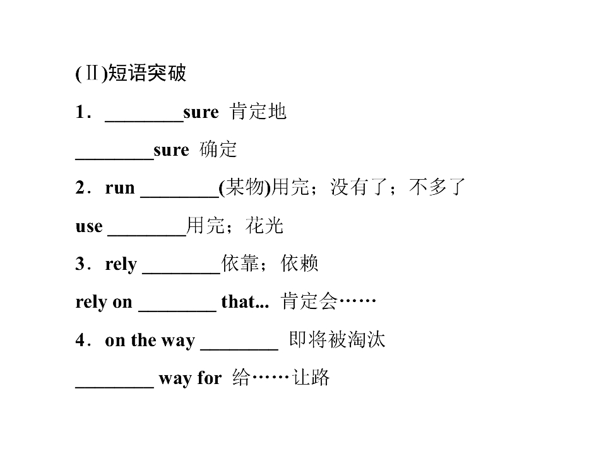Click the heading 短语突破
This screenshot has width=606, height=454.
pyautogui.click(x=147, y=73)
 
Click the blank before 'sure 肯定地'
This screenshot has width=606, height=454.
pyautogui.click(x=144, y=122)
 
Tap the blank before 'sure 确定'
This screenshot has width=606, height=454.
pyautogui.click(x=115, y=159)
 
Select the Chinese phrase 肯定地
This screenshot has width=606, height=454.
pyautogui.click(x=258, y=112)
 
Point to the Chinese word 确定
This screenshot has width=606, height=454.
pyautogui.click(x=218, y=149)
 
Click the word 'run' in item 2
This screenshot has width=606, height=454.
pyautogui.click(x=120, y=188)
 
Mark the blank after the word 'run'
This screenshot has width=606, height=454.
pyautogui.click(x=180, y=197)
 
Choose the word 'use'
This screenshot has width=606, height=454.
pyautogui.click(x=89, y=226)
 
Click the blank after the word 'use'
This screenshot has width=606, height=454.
pyautogui.click(x=147, y=235)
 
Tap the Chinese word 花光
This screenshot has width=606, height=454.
pyautogui.click(x=264, y=226)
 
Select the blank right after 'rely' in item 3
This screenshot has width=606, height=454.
pyautogui.click(x=181, y=273)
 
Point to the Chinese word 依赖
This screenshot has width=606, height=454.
pyautogui.click(x=299, y=264)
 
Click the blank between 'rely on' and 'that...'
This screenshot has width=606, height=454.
pyautogui.click(x=177, y=311)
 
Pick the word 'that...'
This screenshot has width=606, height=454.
pyautogui.click(x=245, y=302)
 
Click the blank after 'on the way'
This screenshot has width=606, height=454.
pyautogui.click(x=239, y=349)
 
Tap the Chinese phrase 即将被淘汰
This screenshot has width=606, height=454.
pyautogui.click(x=337, y=339)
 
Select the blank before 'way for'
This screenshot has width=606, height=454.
pyautogui.click(x=115, y=387)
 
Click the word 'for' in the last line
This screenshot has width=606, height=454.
pyautogui.click(x=210, y=378)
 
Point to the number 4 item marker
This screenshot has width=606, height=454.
pyautogui.click(x=80, y=340)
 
